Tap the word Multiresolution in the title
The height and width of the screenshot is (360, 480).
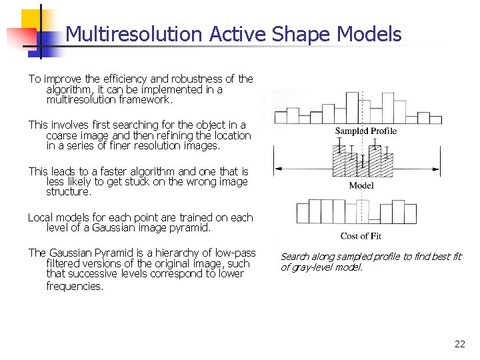click(x=134, y=34)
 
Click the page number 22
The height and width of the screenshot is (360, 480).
click(x=459, y=344)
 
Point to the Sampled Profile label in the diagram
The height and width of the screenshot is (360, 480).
click(x=365, y=131)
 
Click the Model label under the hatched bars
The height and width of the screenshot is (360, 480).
click(x=361, y=185)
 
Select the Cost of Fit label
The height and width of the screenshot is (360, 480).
click(x=361, y=235)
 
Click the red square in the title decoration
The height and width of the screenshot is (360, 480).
click(x=17, y=37)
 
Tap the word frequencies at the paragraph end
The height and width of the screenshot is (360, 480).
click(x=74, y=286)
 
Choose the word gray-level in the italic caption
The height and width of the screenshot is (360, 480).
click(x=315, y=267)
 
